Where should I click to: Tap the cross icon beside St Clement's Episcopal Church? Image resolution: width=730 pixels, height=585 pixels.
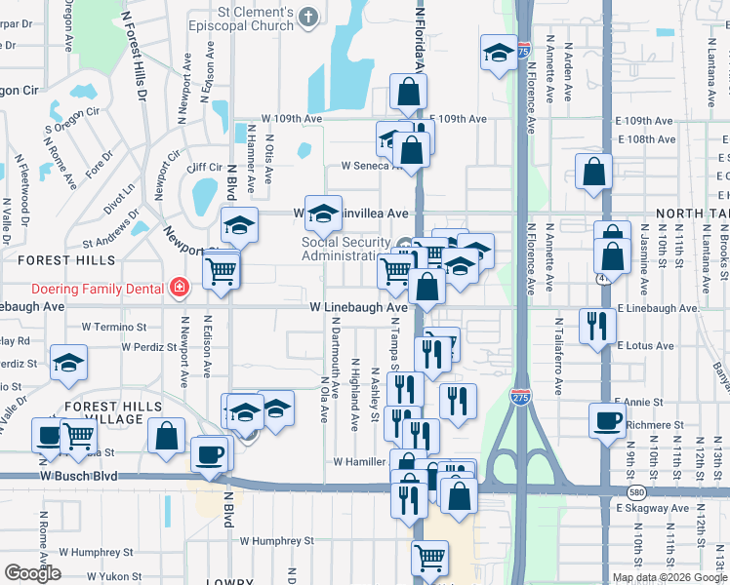pos(309,16)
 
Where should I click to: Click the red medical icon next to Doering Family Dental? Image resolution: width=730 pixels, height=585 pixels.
pos(179,287)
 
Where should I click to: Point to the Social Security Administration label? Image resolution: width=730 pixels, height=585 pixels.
pos(346,249)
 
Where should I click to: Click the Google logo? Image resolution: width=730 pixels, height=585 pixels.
pos(33,573)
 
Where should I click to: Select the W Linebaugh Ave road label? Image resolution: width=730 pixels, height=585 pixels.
pos(358,307)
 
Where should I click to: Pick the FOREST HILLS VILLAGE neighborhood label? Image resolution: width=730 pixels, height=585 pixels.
pos(106,412)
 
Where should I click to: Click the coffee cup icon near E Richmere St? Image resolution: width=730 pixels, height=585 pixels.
pos(608,421)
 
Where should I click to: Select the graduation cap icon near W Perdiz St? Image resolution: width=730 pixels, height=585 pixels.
pos(68,363)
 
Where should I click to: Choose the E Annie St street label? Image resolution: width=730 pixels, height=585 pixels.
pos(638,402)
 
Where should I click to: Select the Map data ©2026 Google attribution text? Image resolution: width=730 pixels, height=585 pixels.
pos(669,577)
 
